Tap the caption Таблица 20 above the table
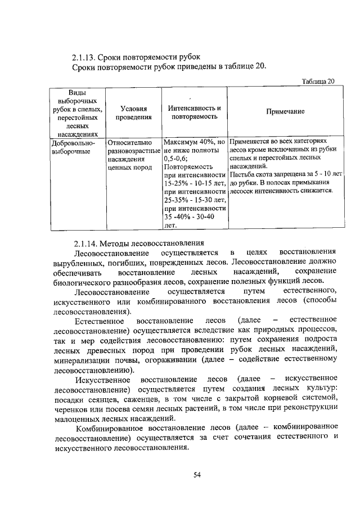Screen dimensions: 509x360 (x=318, y=82)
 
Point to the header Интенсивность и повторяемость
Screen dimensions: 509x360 (x=195, y=112)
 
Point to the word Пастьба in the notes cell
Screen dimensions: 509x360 (x=241, y=174)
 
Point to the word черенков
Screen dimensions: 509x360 (x=71, y=408)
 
